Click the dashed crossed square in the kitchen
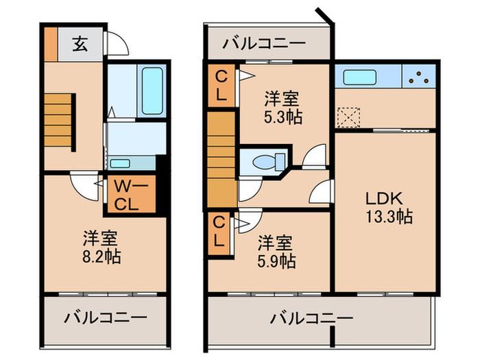[350, 117]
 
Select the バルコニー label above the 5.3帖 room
[264, 43]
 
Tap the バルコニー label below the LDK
[311, 318]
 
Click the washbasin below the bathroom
[121, 163]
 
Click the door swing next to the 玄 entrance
[119, 43]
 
